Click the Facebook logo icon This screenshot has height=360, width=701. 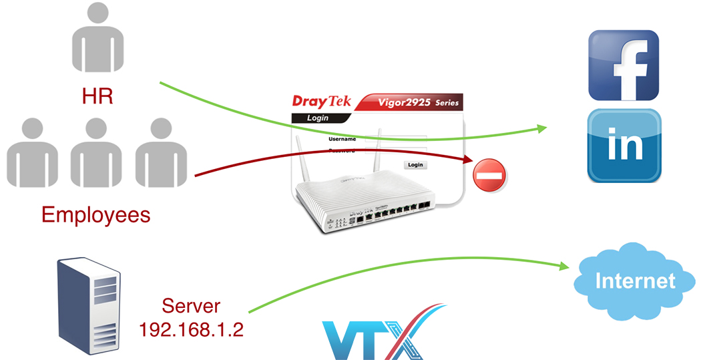pos(624,65)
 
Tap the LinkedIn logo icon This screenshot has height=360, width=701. pos(624,146)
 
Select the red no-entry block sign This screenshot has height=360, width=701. pos(489,175)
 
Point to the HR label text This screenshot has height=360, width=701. pos(97,96)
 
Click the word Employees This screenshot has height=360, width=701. pos(95,214)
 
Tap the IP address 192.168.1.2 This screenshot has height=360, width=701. pos(190,328)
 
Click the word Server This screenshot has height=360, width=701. pos(191,307)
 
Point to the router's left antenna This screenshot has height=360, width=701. pos(300,160)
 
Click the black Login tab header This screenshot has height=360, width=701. pos(318,118)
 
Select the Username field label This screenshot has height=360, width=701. pos(341,140)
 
